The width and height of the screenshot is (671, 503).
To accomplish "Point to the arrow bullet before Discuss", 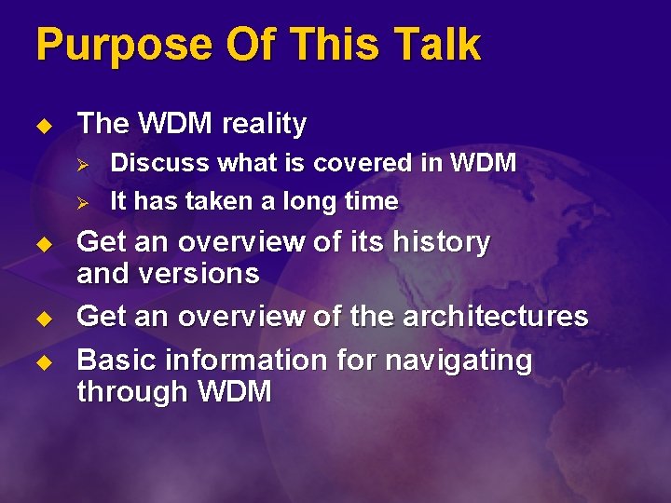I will [x=82, y=164].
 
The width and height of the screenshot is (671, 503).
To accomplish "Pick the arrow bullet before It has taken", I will [x=82, y=202].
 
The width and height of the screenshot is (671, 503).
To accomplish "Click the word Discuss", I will [x=159, y=163].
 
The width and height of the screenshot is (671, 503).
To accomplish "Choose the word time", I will [x=371, y=201].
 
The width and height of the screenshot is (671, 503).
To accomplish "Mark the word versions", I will [x=199, y=274].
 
